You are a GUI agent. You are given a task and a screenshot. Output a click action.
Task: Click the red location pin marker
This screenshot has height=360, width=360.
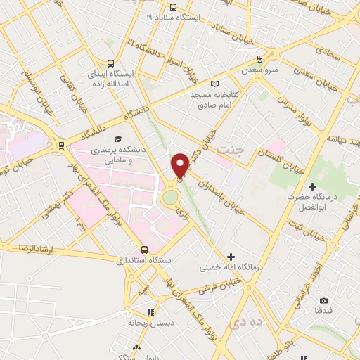(180, 165)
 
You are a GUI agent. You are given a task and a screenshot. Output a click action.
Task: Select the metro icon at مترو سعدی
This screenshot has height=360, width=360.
(259, 59)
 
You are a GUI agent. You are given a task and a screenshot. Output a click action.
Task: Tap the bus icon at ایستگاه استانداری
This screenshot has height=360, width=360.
(145, 248)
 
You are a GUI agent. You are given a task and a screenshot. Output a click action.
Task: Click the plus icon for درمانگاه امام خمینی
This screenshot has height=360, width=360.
(231, 256)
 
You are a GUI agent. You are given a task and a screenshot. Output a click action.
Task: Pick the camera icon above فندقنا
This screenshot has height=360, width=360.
(323, 300)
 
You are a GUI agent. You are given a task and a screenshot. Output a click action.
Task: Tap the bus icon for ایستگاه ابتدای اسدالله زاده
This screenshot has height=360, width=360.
(110, 63)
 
